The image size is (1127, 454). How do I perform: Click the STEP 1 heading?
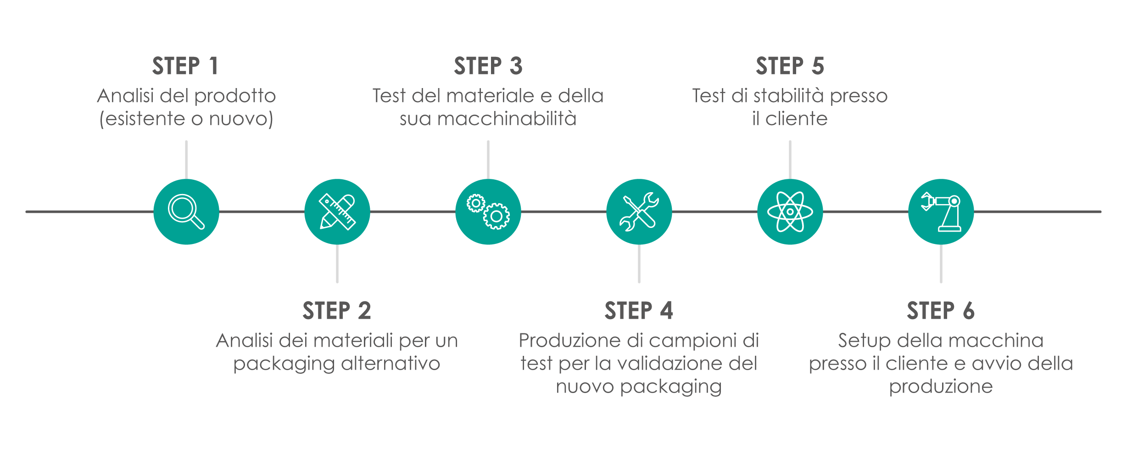(x=185, y=66)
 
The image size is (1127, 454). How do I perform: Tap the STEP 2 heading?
(x=336, y=311)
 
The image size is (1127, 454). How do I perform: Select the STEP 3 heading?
(x=488, y=66)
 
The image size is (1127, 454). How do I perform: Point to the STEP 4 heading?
(x=638, y=311)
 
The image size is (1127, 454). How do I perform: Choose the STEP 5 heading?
(x=790, y=66)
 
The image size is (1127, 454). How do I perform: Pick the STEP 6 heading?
(x=940, y=311)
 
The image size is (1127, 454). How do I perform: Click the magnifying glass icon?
(x=186, y=212)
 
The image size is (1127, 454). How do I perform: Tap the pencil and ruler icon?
(x=337, y=212)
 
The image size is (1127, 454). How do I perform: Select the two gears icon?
(x=488, y=212)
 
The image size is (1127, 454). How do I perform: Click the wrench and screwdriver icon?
(x=639, y=212)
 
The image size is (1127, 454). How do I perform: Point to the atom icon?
(x=790, y=212)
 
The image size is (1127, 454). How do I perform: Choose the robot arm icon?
(x=941, y=212)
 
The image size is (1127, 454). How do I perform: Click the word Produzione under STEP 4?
(x=569, y=341)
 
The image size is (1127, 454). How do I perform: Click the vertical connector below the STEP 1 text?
(x=186, y=160)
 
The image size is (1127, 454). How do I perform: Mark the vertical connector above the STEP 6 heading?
(x=941, y=264)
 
